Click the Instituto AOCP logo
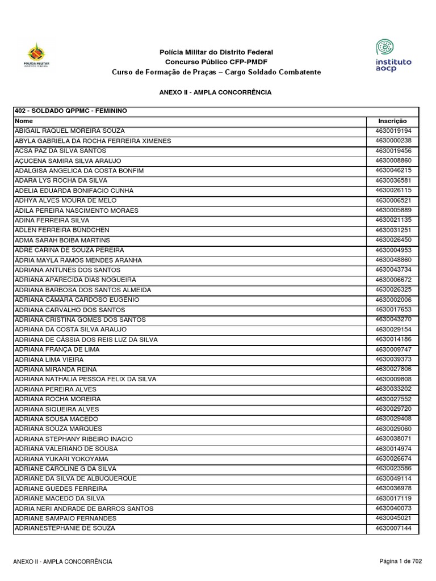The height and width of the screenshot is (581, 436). point(393,55)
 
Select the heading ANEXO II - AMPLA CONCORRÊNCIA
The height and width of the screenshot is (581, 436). point(216,92)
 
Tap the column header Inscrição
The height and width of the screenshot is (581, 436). point(392,121)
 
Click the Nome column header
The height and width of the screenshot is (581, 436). point(24,121)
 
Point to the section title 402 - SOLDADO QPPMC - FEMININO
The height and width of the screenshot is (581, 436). point(70,111)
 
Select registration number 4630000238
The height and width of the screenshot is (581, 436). point(392,141)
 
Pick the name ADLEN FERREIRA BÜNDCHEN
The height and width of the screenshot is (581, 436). point(62,230)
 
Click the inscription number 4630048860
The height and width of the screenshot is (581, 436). point(392,260)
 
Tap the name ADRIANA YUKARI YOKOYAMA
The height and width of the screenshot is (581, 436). point(61,458)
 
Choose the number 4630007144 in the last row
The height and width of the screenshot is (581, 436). point(392,528)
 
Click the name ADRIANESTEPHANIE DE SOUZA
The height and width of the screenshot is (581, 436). point(65,528)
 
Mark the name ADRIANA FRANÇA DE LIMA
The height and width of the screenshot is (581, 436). point(57,350)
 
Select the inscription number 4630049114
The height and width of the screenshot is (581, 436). point(392,478)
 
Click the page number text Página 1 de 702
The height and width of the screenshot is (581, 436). point(401,561)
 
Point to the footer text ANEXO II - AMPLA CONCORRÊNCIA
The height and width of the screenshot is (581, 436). point(62,562)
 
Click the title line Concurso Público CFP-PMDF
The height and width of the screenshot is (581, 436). point(216,62)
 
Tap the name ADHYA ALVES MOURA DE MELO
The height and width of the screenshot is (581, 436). point(65,200)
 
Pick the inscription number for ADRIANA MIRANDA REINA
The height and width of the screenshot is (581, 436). point(392,369)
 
